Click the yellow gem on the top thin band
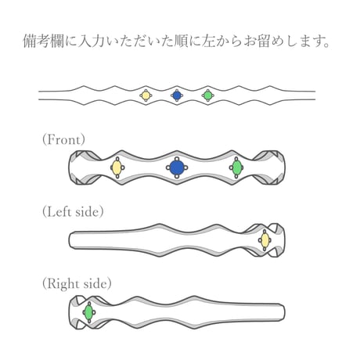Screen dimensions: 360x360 click(146, 95)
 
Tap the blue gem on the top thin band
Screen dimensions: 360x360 click(177, 95)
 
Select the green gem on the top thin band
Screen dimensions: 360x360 click(208, 95)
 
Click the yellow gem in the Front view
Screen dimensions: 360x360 click(117, 167)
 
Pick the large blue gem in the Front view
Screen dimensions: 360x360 click(177, 167)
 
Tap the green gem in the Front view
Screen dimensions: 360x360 click(237, 167)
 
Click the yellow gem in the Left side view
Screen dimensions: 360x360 click(265, 239)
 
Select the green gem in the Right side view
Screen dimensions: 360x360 click(88, 312)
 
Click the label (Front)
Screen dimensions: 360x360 click(63, 139)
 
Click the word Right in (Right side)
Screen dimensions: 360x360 click(64, 284)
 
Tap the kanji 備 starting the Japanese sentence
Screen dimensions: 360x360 click(30, 41)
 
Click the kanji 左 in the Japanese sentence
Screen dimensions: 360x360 click(209, 41)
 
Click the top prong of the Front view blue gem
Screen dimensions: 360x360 click(177, 159)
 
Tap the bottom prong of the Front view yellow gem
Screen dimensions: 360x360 click(117, 177)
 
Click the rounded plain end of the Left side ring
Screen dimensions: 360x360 click(72, 239)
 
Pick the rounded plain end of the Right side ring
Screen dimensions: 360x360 click(282, 312)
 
